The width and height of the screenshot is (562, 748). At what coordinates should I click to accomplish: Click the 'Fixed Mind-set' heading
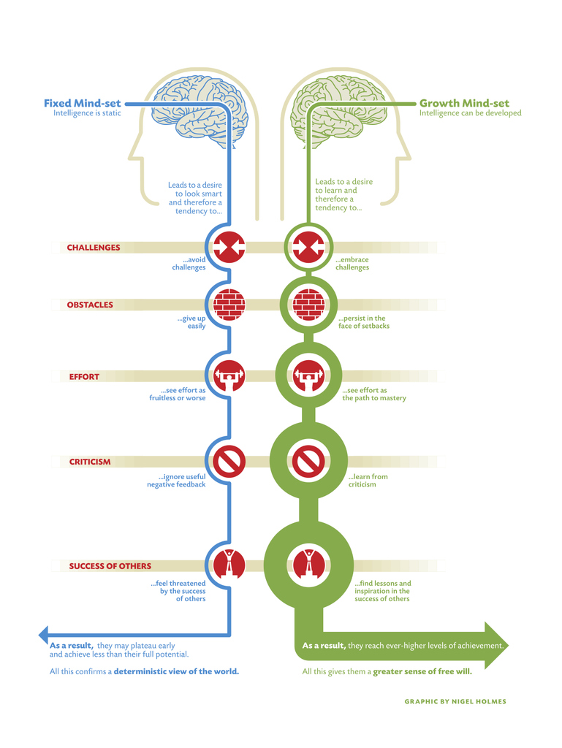[x=83, y=103]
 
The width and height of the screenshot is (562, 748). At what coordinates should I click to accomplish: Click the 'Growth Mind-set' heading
[x=464, y=103]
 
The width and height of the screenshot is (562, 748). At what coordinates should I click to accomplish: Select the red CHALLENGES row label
[x=94, y=248]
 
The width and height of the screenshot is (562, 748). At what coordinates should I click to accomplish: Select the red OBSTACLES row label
[x=90, y=305]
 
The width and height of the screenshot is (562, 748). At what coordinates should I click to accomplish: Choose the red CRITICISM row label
[x=90, y=462]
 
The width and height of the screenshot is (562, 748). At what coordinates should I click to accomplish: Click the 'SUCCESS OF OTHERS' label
[x=110, y=566]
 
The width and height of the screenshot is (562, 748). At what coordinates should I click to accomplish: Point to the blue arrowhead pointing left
[x=44, y=634]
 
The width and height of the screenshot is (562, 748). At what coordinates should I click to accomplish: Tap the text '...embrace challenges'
[x=352, y=263]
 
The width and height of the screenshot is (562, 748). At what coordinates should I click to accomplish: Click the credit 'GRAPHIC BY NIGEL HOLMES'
[x=455, y=701]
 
